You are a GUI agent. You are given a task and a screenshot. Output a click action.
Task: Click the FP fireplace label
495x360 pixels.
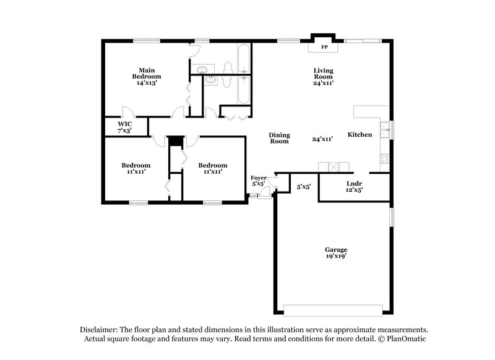click(323, 47)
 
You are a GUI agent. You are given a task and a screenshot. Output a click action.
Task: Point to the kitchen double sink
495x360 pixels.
click(385, 129)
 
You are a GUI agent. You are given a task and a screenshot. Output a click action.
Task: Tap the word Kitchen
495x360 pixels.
click(359, 135)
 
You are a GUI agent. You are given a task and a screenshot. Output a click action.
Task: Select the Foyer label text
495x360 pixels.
click(259, 178)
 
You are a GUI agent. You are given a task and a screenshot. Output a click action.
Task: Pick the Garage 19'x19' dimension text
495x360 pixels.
click(336, 256)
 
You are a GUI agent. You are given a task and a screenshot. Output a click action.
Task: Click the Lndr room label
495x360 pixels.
click(354, 184)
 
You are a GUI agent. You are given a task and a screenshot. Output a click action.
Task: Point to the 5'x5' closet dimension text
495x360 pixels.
click(303, 186)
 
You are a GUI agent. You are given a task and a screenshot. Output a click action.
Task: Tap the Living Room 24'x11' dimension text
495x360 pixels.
click(323, 83)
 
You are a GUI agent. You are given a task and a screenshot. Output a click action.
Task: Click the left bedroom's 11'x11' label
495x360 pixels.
click(136, 172)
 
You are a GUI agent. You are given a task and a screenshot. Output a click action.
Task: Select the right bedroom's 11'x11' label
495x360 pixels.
click(212, 172)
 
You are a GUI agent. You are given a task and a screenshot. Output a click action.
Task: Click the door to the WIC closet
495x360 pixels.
click(127, 113)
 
